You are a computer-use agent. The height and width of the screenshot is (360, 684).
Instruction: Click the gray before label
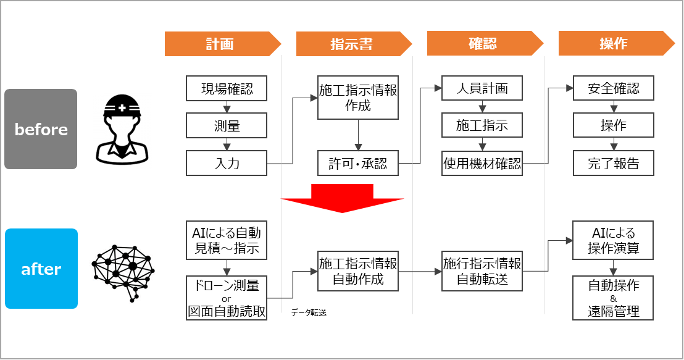click(41, 130)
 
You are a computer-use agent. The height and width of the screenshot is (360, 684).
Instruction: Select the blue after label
click(41, 269)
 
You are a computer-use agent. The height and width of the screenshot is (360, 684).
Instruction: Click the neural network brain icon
click(123, 269)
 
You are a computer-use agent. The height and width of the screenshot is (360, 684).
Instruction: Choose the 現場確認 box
click(227, 88)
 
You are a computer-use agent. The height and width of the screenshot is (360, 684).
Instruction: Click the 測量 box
click(227, 127)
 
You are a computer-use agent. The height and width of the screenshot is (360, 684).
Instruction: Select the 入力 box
click(227, 164)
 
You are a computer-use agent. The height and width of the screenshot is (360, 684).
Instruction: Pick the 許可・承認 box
click(358, 164)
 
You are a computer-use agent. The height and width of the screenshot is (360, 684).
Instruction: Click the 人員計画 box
click(482, 88)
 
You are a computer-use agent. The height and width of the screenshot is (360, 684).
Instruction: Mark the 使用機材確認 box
click(482, 164)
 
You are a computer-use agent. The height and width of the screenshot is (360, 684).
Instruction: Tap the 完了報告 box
click(613, 164)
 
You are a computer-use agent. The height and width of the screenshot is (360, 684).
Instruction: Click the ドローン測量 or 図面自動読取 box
click(227, 298)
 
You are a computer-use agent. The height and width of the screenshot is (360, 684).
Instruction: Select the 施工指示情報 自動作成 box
click(358, 271)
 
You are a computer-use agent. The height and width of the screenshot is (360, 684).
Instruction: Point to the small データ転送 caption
click(309, 313)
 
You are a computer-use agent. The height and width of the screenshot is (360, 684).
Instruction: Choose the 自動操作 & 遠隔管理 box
click(613, 298)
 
